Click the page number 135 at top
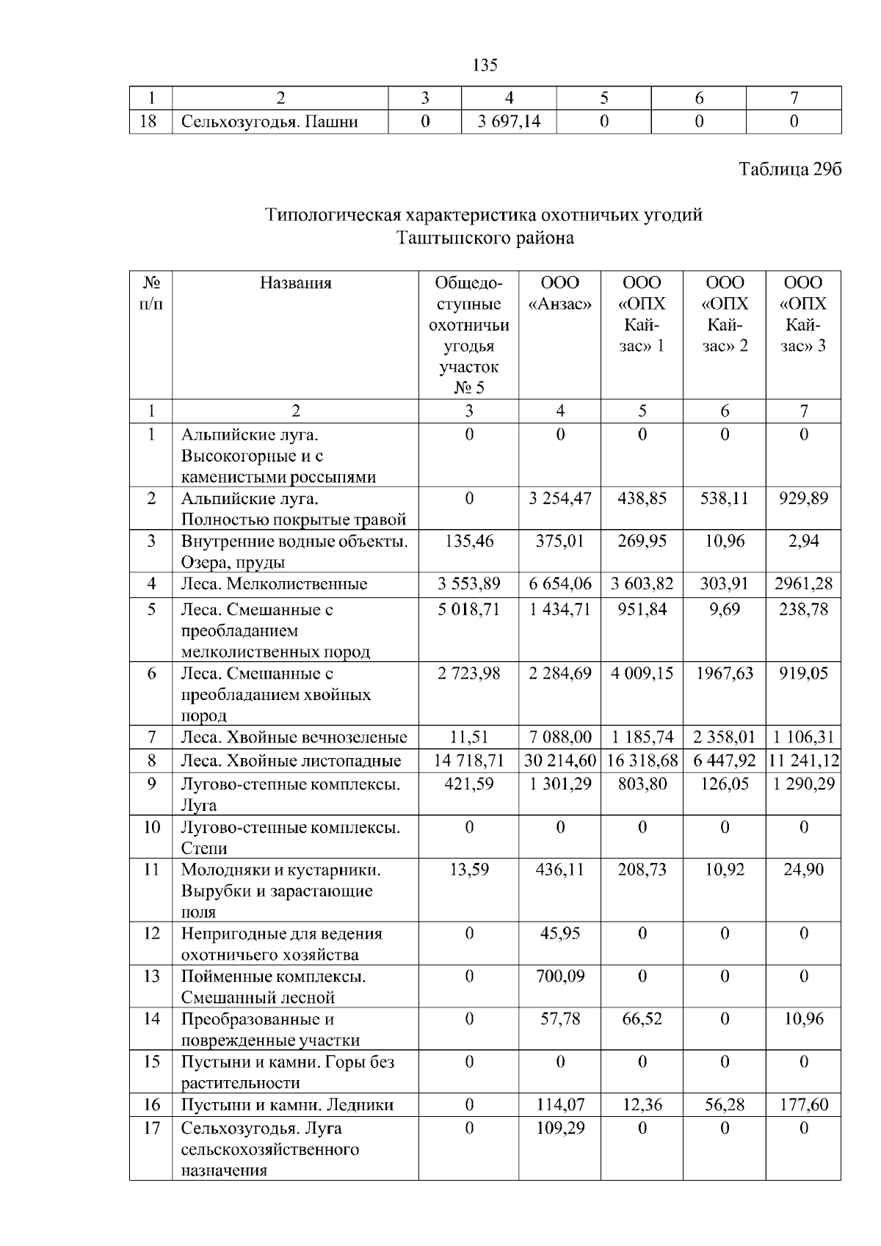pos(485,65)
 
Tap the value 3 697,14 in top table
pos(508,122)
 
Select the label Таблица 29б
pos(789,170)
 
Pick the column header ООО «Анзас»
pos(560,294)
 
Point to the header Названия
pos(295,283)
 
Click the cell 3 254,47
pos(560,499)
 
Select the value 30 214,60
pos(560,760)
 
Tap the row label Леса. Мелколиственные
pos(274,585)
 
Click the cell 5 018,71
pos(469,610)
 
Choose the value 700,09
pos(560,977)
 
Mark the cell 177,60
pos(803,1105)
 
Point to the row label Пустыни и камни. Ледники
pos(287,1105)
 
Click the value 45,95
pos(560,934)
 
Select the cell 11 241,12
pos(803,760)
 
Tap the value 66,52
pos(642,1019)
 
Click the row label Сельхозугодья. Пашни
pos(269,122)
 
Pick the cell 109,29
pos(560,1128)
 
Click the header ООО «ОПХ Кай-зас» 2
pos(725,314)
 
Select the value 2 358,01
pos(725,737)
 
